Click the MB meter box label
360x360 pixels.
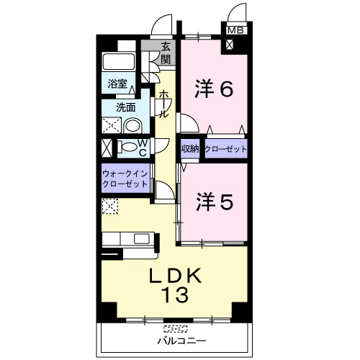point(235,30)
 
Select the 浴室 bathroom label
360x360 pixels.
point(117,84)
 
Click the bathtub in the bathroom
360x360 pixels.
point(118,61)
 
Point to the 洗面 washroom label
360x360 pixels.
point(126,107)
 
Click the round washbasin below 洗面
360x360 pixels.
point(132,126)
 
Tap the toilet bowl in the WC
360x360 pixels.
point(128,147)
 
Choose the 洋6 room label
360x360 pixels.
point(214,89)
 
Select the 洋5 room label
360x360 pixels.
point(215,202)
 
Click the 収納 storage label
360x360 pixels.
point(190,149)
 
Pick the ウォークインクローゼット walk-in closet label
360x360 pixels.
point(125,179)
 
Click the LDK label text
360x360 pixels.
point(175,276)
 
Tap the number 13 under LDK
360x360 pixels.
point(174,294)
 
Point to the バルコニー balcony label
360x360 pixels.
point(181,341)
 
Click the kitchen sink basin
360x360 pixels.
point(142,239)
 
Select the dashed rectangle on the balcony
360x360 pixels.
point(176,328)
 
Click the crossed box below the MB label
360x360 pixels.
point(230,45)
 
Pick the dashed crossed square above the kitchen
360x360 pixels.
point(110,206)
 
